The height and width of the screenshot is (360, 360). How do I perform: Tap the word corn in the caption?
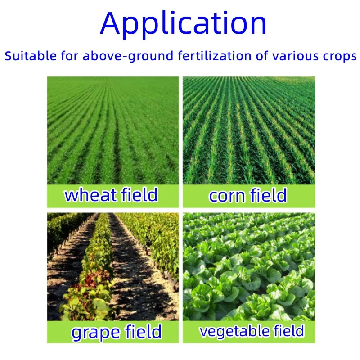coord(226,196)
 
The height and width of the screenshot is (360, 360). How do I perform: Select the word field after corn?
coord(267,195)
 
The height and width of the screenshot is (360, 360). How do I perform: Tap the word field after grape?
coord(141,332)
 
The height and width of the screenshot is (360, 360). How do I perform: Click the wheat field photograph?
coord(113,130)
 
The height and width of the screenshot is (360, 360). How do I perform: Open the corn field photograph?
coord(249,130)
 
